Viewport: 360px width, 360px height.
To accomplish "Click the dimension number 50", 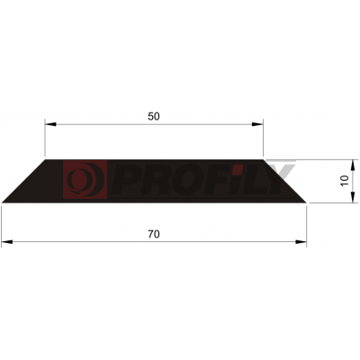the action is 154,116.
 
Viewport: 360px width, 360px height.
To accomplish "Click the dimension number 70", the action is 154,234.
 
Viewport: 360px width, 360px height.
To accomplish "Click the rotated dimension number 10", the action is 345,181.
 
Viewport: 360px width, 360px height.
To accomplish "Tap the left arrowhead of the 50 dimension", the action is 50,124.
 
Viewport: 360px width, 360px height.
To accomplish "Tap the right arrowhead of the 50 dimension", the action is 257,124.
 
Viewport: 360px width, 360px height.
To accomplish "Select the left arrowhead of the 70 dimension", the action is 7,242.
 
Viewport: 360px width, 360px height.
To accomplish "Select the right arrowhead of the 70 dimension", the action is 301,242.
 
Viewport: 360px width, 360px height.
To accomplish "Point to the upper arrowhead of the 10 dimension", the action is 353,166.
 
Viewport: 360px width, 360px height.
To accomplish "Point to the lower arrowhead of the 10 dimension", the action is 353,197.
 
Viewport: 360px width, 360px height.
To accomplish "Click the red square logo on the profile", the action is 85,179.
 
